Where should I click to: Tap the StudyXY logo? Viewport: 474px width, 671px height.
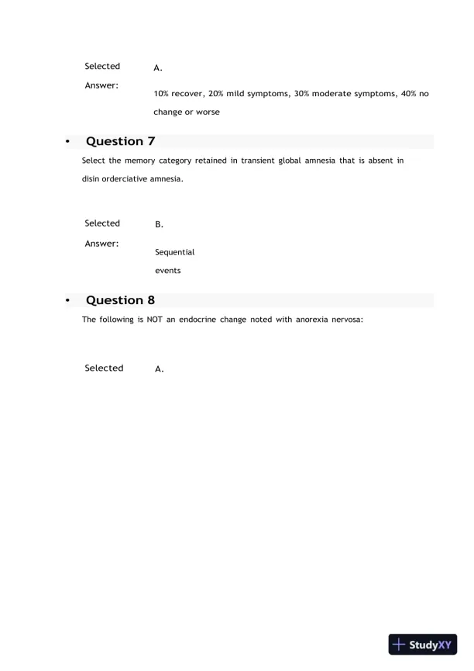[x=421, y=644]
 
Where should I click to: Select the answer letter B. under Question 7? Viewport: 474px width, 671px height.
[x=159, y=225]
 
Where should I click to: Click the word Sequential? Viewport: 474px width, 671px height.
[x=174, y=252]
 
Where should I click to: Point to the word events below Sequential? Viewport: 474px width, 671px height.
[x=167, y=271]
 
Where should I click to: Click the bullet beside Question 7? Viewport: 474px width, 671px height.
[x=67, y=142]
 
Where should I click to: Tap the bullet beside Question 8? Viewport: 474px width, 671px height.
[x=67, y=301]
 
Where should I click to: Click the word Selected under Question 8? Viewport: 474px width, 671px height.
[x=104, y=368]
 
